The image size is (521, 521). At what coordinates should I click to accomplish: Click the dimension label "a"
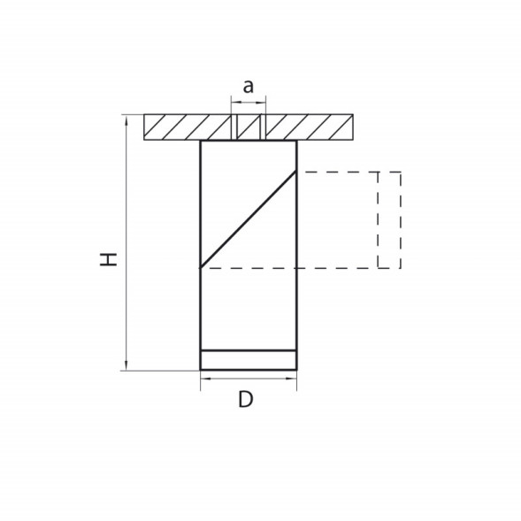[x=249, y=87]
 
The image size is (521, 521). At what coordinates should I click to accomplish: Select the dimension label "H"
[x=109, y=259]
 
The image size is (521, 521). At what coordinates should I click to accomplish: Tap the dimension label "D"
[x=246, y=399]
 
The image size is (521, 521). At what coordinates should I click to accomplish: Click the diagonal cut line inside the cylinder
[x=249, y=219]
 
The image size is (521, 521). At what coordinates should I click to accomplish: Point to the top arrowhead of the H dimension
[x=126, y=120]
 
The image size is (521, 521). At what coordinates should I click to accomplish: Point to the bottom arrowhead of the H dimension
[x=126, y=364]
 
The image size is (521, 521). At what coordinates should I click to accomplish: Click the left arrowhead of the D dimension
[x=206, y=378]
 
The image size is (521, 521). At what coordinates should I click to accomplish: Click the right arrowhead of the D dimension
[x=291, y=378]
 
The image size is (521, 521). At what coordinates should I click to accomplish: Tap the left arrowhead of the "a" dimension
[x=236, y=103]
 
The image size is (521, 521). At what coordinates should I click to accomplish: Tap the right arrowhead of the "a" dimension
[x=261, y=103]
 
